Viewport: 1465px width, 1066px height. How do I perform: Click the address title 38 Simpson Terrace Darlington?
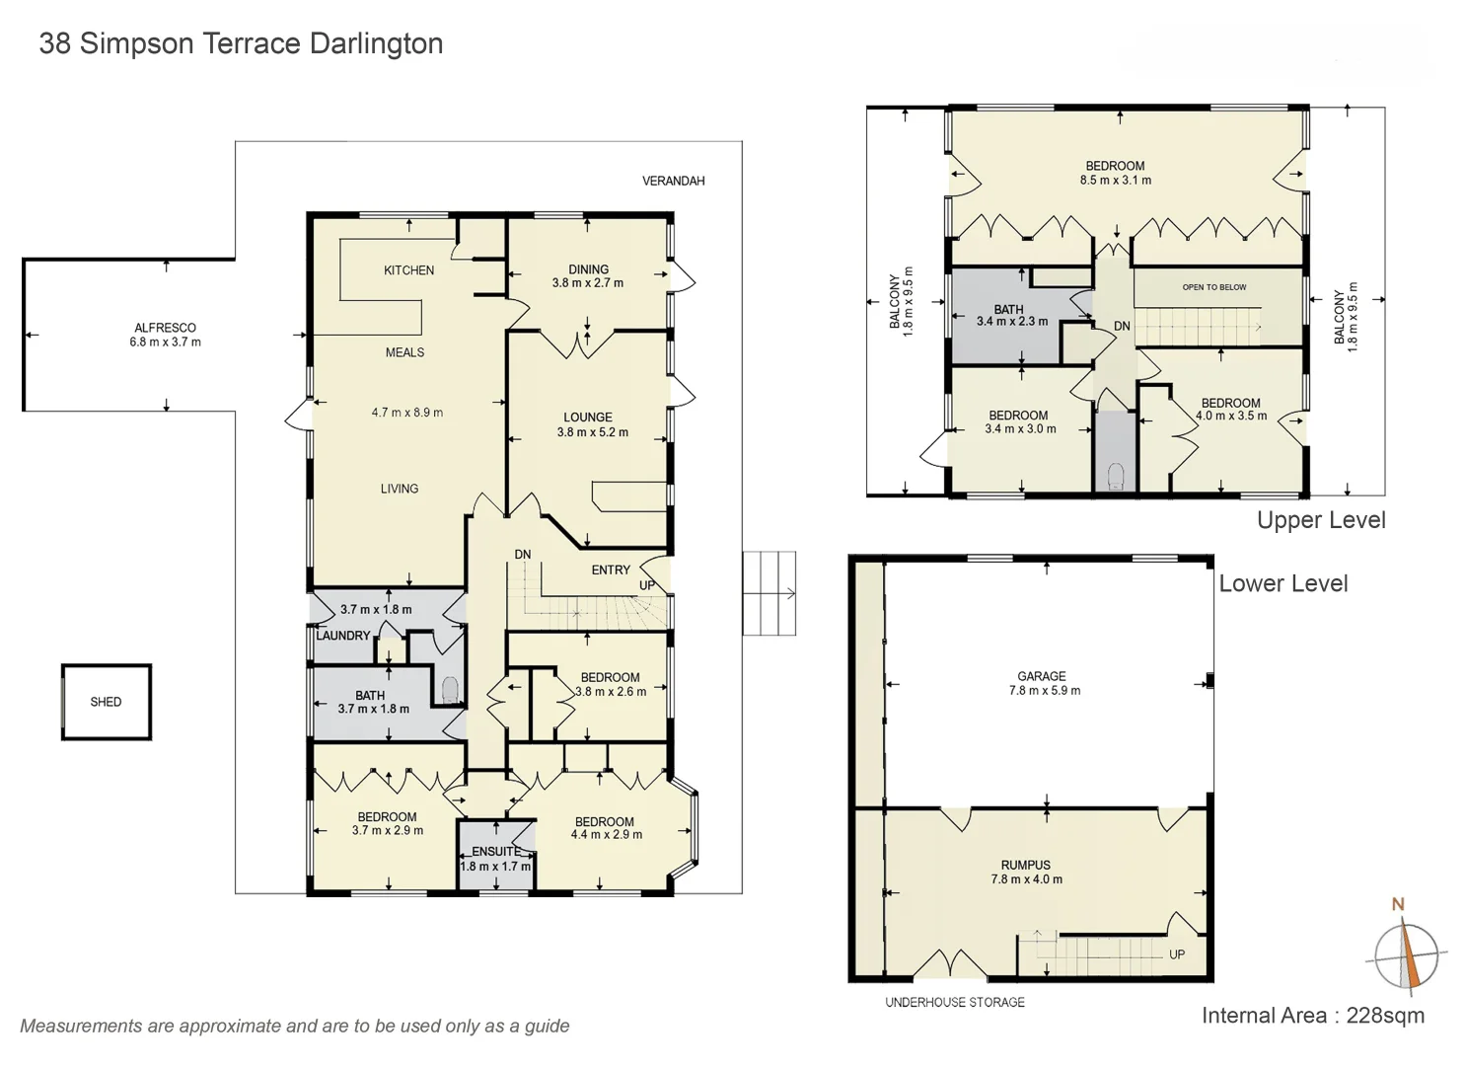tap(241, 43)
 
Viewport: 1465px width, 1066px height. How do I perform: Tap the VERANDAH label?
tap(673, 181)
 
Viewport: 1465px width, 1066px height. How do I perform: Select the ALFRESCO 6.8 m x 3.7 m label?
tap(165, 335)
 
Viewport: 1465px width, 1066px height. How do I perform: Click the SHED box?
tap(106, 702)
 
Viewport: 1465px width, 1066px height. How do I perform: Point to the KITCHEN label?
tap(408, 269)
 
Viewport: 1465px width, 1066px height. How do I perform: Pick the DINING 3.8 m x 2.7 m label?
tap(588, 276)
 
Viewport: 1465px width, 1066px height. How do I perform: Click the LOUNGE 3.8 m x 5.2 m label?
tap(591, 424)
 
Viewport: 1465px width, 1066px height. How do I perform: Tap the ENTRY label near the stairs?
tap(611, 570)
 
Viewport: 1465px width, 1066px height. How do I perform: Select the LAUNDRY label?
tap(343, 636)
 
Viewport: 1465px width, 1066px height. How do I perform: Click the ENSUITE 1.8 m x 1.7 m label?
tap(495, 859)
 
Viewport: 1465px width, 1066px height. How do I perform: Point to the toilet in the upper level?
tap(1116, 477)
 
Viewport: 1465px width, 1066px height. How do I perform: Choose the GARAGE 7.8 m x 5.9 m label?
tap(1043, 683)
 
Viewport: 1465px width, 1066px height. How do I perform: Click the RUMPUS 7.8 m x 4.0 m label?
tap(1026, 872)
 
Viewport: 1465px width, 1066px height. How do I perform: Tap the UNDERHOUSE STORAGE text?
tap(954, 1002)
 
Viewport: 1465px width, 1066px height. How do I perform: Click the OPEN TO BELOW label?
tap(1214, 287)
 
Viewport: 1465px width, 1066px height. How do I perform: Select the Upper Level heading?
tap(1320, 520)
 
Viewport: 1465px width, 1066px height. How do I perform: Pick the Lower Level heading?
tap(1282, 583)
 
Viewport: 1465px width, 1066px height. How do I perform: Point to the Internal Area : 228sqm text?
tap(1312, 1016)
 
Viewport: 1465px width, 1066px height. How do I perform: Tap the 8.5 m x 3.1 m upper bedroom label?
tap(1115, 174)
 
